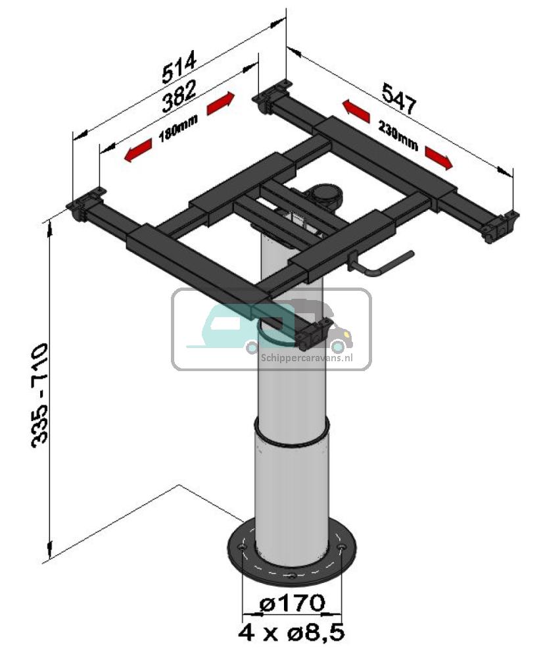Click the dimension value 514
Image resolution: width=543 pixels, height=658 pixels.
click(x=179, y=69)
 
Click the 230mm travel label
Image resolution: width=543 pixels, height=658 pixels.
click(x=397, y=136)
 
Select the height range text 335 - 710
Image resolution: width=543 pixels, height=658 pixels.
click(x=39, y=393)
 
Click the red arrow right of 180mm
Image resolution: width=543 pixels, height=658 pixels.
click(x=220, y=103)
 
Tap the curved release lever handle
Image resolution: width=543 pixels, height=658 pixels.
click(x=388, y=264)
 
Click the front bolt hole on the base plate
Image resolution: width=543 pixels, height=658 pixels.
click(x=292, y=576)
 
